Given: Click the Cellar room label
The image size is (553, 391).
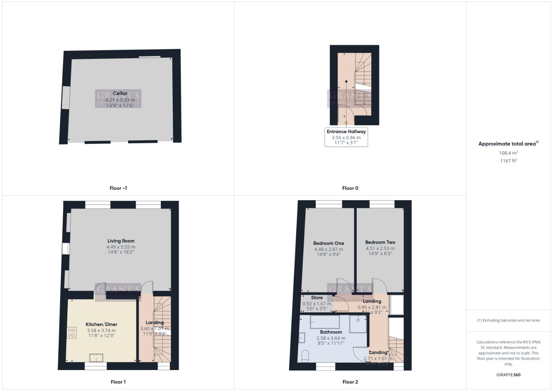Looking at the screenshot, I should [120, 93].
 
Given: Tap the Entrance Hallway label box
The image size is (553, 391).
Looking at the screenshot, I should [346, 137].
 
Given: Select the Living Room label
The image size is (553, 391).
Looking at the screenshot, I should [121, 241].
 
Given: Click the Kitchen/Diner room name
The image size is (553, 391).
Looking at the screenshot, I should [101, 324].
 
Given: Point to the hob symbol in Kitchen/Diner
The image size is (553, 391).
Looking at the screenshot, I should [72, 332].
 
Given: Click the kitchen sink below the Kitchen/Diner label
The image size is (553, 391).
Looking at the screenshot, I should [96, 358].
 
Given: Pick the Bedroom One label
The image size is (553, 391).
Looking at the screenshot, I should [328, 243].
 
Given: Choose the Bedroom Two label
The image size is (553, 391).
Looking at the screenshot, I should [380, 242].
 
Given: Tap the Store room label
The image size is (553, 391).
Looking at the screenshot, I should [317, 298].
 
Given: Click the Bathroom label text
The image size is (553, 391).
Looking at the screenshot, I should [331, 332].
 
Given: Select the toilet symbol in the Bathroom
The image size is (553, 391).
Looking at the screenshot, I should [305, 356].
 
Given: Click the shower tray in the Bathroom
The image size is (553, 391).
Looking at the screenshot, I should [358, 324].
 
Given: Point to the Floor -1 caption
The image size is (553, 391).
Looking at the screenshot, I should [118, 188].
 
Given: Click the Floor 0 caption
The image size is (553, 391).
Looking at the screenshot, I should [350, 188].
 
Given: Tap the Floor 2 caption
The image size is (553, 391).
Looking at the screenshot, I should [350, 382].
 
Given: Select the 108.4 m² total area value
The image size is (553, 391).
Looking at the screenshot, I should [508, 153].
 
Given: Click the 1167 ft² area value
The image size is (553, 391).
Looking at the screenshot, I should [508, 161].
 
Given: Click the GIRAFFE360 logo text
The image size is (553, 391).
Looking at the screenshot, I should [508, 375].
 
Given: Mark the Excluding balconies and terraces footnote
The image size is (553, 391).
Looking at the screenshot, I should [508, 320].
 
